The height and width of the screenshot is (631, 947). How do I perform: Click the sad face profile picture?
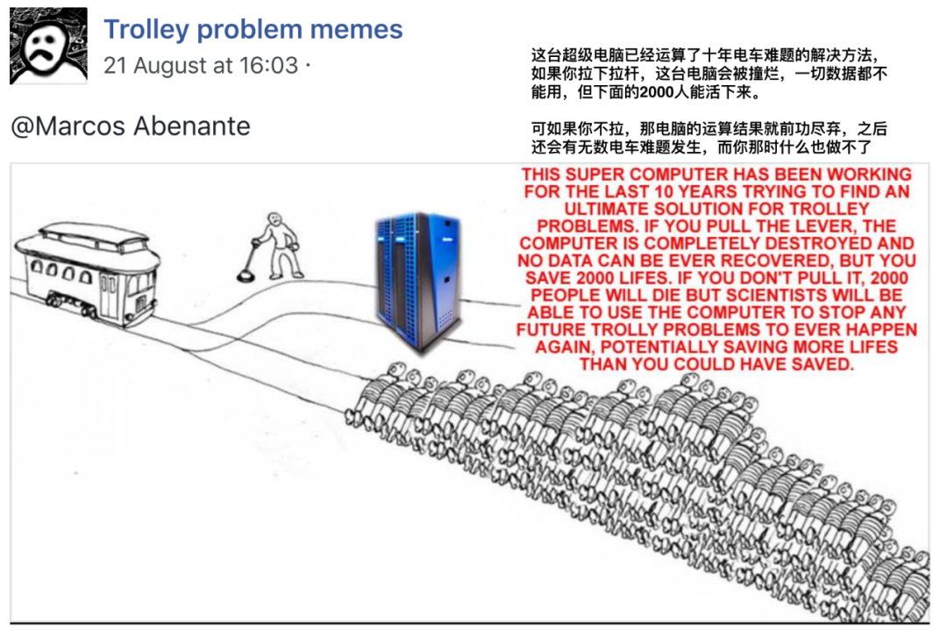[48, 46]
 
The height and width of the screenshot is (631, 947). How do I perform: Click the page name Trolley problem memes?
[253, 29]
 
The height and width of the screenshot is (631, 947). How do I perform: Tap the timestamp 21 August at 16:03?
[201, 65]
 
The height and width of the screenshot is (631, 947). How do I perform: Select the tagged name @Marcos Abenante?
[131, 125]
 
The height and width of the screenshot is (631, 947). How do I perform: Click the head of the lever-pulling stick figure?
[274, 218]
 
